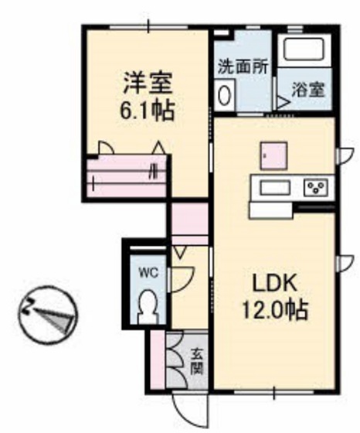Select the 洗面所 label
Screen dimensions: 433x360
(242, 66)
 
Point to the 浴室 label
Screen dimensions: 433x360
(308, 90)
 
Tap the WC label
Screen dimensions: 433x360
(147, 271)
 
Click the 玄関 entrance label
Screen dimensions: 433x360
(198, 359)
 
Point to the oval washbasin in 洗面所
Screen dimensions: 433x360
(226, 95)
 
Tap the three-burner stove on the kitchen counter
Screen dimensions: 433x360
(315, 187)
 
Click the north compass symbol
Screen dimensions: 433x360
(46, 313)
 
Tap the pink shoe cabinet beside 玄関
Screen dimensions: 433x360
(158, 360)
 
